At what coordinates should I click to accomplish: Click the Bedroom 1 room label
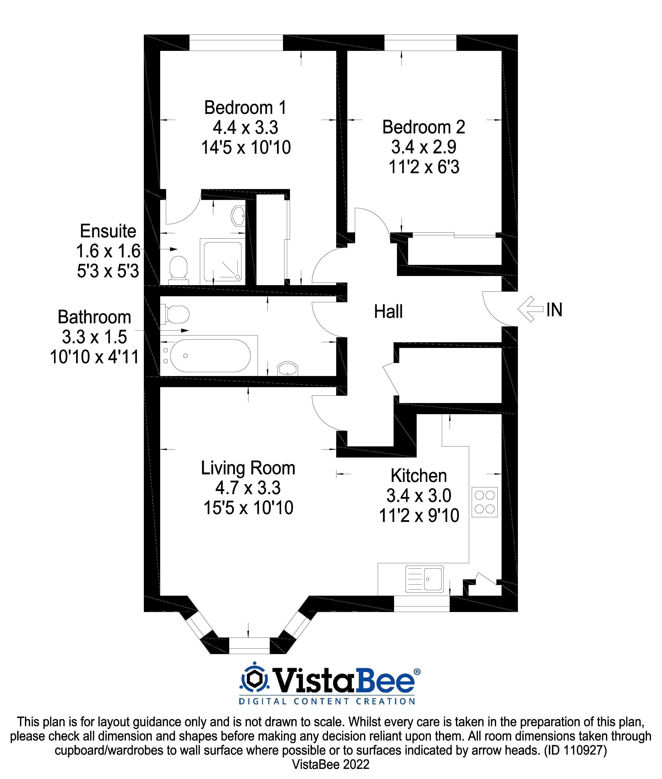point(245,108)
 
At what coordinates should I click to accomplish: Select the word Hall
point(388,312)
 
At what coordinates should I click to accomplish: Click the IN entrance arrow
point(531,309)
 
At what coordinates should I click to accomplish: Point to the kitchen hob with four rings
point(484,502)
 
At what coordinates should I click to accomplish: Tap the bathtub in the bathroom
point(210,355)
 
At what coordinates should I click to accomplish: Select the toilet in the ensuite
point(178,268)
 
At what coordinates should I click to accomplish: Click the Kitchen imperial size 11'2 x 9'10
point(419,515)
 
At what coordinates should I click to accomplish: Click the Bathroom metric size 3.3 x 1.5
point(94,337)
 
